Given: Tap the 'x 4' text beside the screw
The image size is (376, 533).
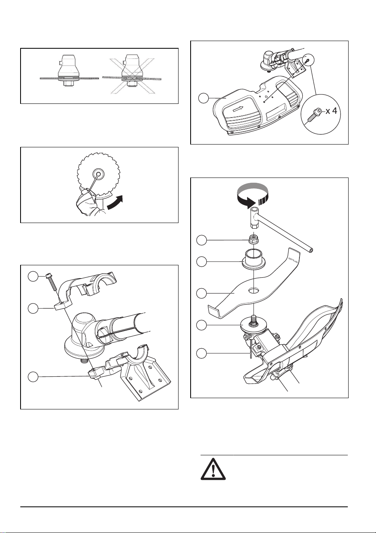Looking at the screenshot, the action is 331,111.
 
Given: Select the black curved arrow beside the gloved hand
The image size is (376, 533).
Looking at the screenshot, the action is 115,202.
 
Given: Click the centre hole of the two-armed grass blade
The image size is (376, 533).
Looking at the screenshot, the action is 254,291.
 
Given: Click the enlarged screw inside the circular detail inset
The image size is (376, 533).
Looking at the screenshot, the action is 314,115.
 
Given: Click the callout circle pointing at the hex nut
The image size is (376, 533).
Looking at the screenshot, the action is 202,240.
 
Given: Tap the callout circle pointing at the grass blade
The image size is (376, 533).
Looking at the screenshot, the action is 202,293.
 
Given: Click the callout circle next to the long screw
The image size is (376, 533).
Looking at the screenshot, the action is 33,277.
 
